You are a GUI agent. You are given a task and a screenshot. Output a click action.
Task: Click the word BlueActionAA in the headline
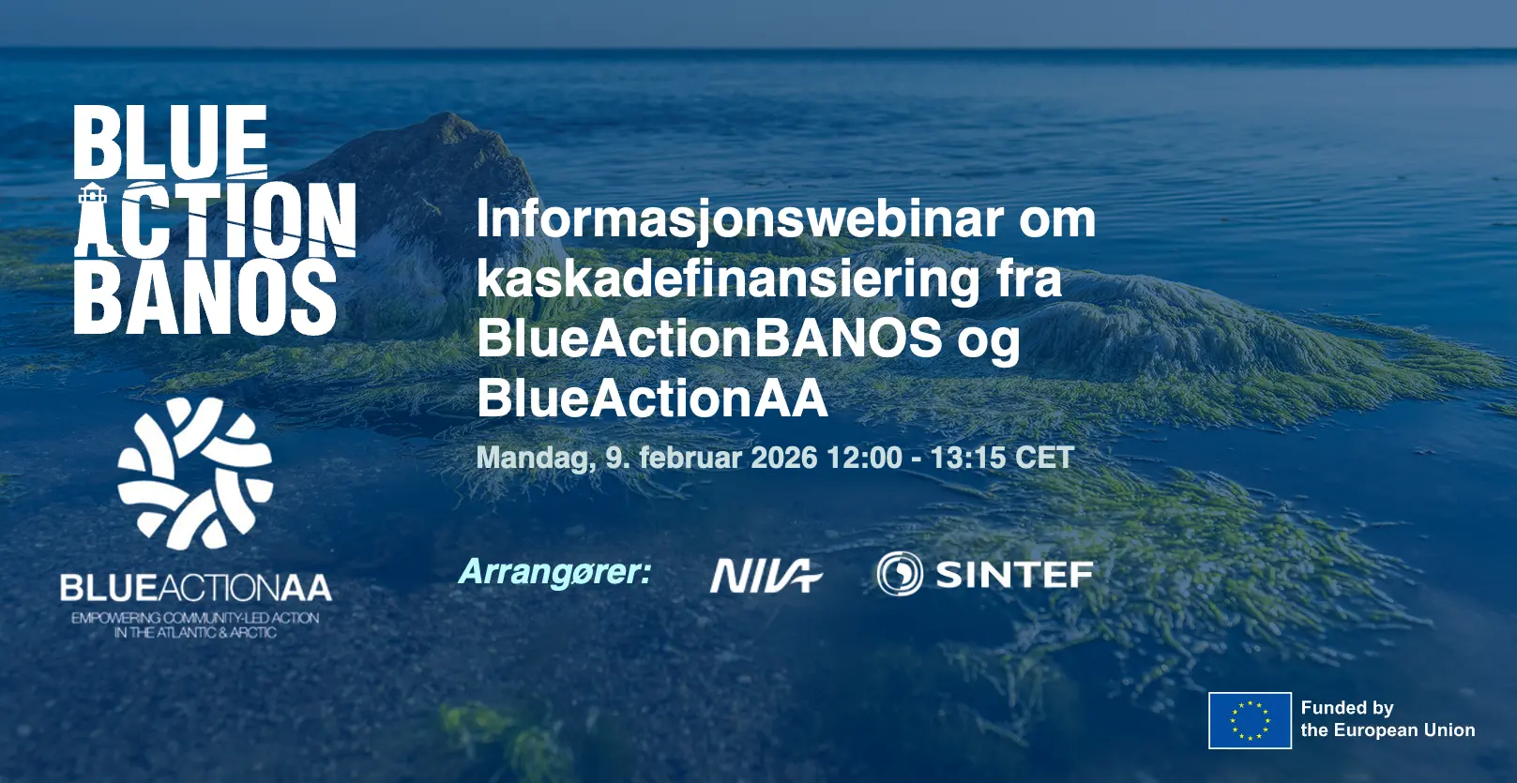[x=652, y=398]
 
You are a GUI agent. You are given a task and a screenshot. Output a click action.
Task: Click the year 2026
[x=784, y=458]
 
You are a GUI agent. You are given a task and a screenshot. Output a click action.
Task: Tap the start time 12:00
[x=865, y=458]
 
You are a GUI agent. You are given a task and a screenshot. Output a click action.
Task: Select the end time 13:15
[x=968, y=458]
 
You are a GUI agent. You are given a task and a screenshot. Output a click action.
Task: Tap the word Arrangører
[x=554, y=573]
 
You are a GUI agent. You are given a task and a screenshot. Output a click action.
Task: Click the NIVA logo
[x=766, y=575]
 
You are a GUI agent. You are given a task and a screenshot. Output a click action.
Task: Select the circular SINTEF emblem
[x=900, y=573]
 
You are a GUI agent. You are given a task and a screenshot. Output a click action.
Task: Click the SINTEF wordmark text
[x=1014, y=575]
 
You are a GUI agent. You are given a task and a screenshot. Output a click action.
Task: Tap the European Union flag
[x=1250, y=720]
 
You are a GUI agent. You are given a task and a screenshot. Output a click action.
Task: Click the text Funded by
[x=1347, y=708]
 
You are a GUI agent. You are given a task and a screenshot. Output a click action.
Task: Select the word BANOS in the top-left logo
[x=205, y=297]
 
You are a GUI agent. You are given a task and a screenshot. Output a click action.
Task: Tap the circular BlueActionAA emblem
[x=195, y=473]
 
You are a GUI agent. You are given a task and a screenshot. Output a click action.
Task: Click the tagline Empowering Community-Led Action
[x=195, y=618]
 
